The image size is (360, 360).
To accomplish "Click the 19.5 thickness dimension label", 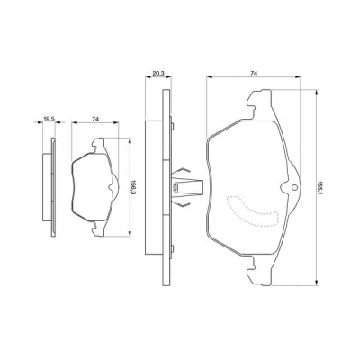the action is point(49,119).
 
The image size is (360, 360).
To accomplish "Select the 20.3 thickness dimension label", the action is point(157,74).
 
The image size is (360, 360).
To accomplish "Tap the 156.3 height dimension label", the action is point(133,188).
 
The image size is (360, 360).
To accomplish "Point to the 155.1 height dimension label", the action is point(320,188).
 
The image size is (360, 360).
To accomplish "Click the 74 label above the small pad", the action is point(95,119).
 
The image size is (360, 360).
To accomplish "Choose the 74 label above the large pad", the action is point(254,73).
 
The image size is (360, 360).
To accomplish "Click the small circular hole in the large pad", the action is point(294,188).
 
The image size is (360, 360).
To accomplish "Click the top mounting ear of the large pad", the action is point(260,103).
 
